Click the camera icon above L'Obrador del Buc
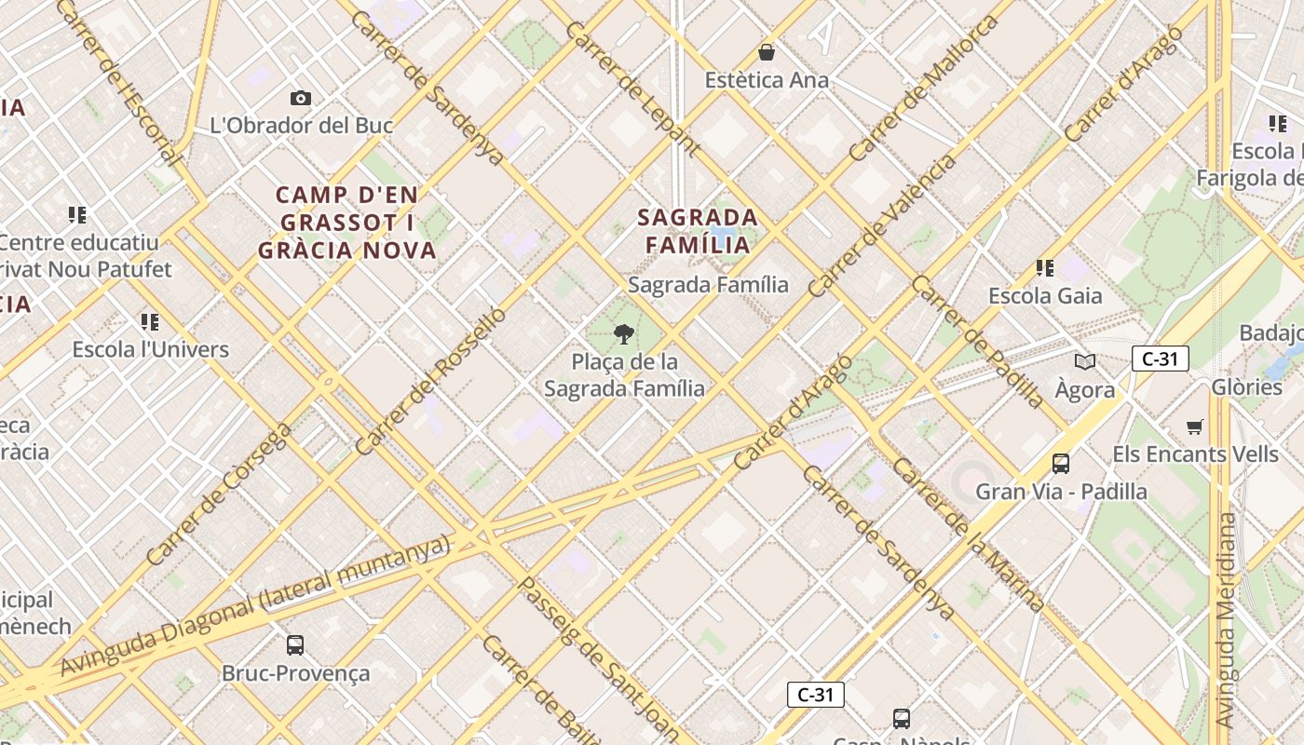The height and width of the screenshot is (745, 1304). [300, 98]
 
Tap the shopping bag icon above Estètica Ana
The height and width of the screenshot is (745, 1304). [767, 52]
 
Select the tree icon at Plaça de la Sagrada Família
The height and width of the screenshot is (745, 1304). [624, 334]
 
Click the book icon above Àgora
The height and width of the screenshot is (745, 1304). [1085, 361]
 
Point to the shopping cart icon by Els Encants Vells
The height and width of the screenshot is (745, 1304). [1195, 427]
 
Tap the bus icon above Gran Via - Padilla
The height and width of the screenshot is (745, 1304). [1060, 463]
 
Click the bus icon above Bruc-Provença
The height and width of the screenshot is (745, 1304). [295, 644]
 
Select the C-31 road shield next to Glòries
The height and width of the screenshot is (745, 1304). [1160, 359]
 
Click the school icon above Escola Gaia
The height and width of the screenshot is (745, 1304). [1045, 268]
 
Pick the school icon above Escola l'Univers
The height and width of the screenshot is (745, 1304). [150, 322]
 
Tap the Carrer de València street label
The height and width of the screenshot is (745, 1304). [882, 226]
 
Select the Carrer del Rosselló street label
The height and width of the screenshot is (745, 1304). [430, 381]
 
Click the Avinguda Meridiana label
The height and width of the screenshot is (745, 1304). [1227, 619]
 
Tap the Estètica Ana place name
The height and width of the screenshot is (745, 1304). [767, 80]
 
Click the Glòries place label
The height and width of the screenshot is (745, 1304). [1246, 386]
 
